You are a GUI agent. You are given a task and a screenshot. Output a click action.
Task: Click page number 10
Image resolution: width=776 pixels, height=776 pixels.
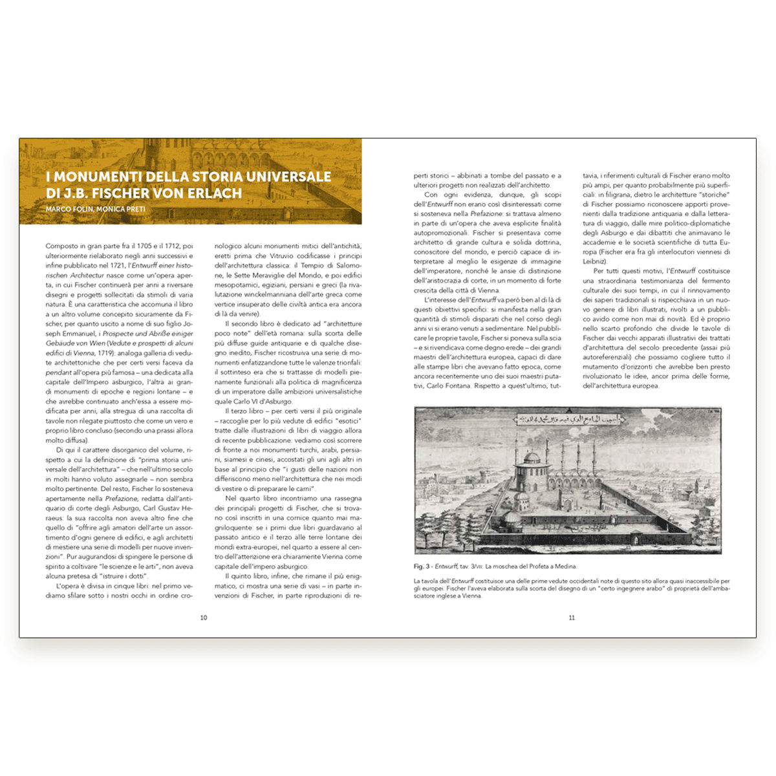204,618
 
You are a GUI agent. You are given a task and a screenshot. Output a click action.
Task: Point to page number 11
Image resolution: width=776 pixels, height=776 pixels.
572,618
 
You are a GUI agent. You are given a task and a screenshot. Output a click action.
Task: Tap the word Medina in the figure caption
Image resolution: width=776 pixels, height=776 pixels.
563,566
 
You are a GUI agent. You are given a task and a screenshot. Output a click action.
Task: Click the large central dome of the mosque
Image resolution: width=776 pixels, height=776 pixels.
531,458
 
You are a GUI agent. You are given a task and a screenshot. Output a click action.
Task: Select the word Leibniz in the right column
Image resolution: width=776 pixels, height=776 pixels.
593,261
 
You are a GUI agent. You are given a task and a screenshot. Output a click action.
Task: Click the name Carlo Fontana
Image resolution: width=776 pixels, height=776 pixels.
451,386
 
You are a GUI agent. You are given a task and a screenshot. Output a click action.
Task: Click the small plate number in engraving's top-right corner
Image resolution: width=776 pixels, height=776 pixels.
714,411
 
